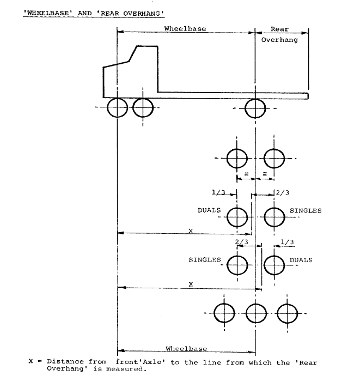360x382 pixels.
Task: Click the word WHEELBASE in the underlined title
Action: [48, 13]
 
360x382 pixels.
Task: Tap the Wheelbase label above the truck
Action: [185, 29]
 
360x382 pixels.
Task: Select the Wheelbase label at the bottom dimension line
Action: [186, 349]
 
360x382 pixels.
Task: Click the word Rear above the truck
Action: [279, 29]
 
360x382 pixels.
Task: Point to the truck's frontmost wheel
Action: [117, 107]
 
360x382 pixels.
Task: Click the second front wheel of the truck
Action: [143, 108]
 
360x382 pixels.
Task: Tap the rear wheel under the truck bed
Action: [255, 108]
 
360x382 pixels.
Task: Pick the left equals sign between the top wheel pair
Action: [246, 174]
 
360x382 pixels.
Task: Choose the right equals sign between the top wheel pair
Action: [265, 174]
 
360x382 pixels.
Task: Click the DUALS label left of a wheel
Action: [209, 210]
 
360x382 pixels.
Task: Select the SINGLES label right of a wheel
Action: [306, 211]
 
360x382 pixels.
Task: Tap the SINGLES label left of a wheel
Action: [205, 260]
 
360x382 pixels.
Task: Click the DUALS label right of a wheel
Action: [301, 260]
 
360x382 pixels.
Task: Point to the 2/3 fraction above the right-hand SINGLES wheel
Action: [283, 193]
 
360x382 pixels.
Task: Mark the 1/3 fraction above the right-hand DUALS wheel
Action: [287, 242]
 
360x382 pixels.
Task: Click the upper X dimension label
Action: [191, 231]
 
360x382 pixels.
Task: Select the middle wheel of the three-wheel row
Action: [256, 313]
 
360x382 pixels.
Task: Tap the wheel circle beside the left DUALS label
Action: [237, 217]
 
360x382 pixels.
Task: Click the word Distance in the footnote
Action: [65, 361]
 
